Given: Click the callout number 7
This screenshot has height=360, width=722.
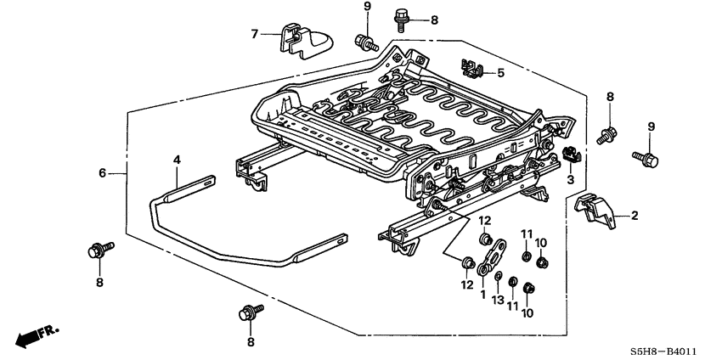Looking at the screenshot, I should (254, 34).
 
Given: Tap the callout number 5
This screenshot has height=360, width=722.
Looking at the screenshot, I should (500, 73).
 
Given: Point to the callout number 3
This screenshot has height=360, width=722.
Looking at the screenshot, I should (571, 180).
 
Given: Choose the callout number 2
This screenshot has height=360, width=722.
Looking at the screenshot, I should (634, 217).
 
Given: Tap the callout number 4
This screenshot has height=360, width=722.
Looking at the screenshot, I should (177, 159).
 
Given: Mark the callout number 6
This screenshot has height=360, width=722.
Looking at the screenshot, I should (102, 172).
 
